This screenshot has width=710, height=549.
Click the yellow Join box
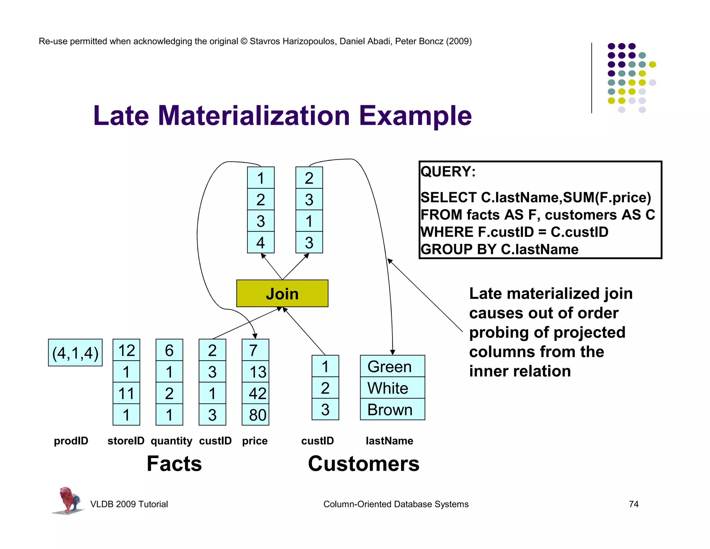tap(282, 293)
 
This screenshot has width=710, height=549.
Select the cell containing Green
tap(392, 366)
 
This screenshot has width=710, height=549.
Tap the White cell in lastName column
tap(392, 388)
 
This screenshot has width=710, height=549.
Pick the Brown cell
tap(392, 409)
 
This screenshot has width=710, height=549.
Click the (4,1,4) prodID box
tap(75, 353)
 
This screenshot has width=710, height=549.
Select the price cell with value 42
tap(256, 393)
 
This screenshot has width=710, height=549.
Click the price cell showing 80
tap(256, 415)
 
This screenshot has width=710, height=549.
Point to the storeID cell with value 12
tap(126, 350)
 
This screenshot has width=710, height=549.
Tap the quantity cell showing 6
tap(169, 350)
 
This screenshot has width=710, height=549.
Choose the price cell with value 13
tap(256, 372)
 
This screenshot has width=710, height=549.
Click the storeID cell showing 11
tap(126, 393)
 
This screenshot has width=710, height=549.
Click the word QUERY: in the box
tap(448, 171)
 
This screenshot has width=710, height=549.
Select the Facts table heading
tap(174, 463)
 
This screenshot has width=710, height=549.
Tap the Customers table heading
tap(363, 463)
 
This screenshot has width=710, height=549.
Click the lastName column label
tap(389, 441)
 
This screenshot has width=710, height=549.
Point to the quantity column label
tap(171, 441)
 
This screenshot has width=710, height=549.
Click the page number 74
tap(633, 504)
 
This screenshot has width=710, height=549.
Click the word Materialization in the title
tap(254, 116)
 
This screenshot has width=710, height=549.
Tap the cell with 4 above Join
tap(260, 242)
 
